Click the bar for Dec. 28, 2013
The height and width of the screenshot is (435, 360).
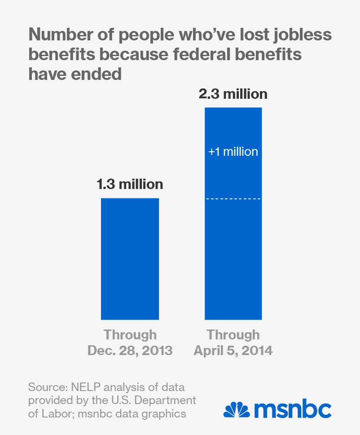tap(130, 259)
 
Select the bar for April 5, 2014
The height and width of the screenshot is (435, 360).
tap(233, 213)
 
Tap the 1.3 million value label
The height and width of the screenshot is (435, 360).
tap(130, 184)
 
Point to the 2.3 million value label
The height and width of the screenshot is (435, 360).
tap(233, 94)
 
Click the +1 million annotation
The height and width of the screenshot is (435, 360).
tap(233, 152)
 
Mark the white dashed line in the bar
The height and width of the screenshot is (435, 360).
tap(233, 198)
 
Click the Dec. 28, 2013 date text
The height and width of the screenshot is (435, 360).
tap(130, 350)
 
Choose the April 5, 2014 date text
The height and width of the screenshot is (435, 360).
tap(233, 350)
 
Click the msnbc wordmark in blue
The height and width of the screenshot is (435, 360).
tap(293, 409)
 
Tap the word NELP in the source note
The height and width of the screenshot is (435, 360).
tap(83, 387)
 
